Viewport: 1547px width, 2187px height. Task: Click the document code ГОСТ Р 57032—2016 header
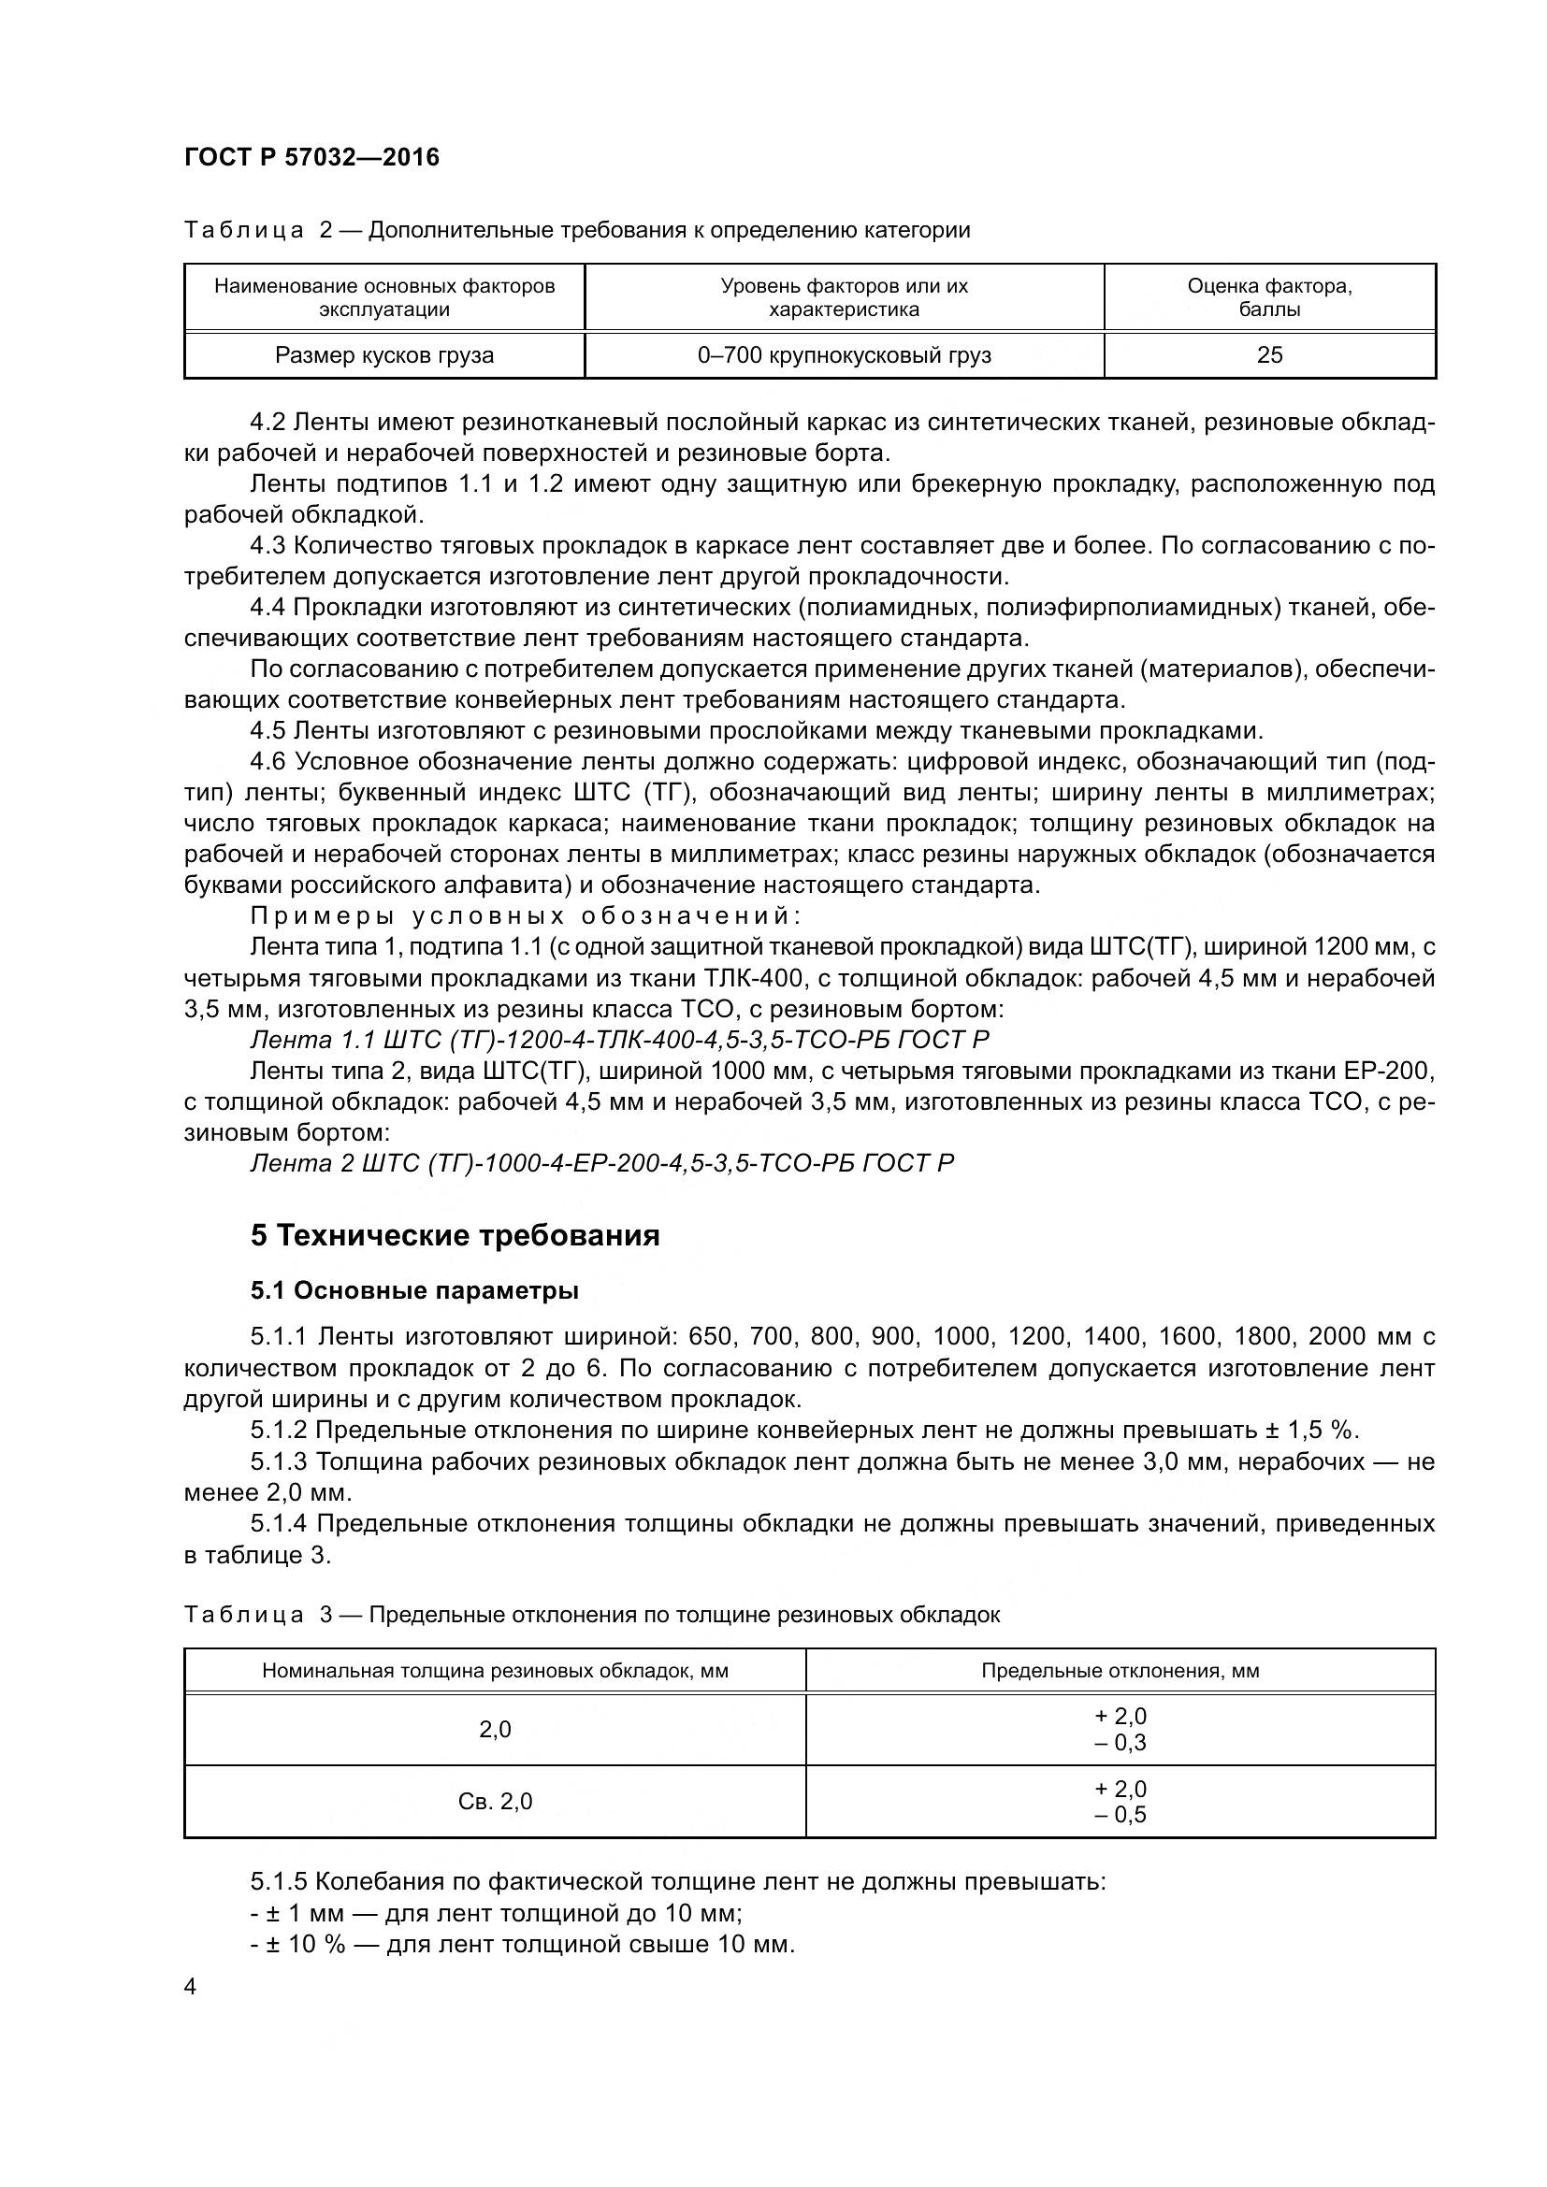(311, 157)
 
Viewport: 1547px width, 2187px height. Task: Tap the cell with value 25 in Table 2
(1269, 355)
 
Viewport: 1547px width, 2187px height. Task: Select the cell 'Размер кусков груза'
(383, 355)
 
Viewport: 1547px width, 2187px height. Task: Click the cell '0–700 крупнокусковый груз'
(844, 355)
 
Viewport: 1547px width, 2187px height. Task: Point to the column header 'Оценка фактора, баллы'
(1269, 297)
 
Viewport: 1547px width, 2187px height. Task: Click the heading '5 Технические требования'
(455, 1235)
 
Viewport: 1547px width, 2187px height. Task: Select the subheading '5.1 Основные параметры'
(414, 1290)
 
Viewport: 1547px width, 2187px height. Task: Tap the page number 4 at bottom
(191, 1987)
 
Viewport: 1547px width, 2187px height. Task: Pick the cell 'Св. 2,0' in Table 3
(495, 1801)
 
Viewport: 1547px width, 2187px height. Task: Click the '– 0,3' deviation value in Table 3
(1120, 1742)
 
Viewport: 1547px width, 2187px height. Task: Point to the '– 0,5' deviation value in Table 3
(1120, 1815)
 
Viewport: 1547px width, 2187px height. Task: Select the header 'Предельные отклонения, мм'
(1120, 1670)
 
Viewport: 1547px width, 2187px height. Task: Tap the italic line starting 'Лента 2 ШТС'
(601, 1163)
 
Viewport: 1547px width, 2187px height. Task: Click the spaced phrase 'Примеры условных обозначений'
(525, 915)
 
